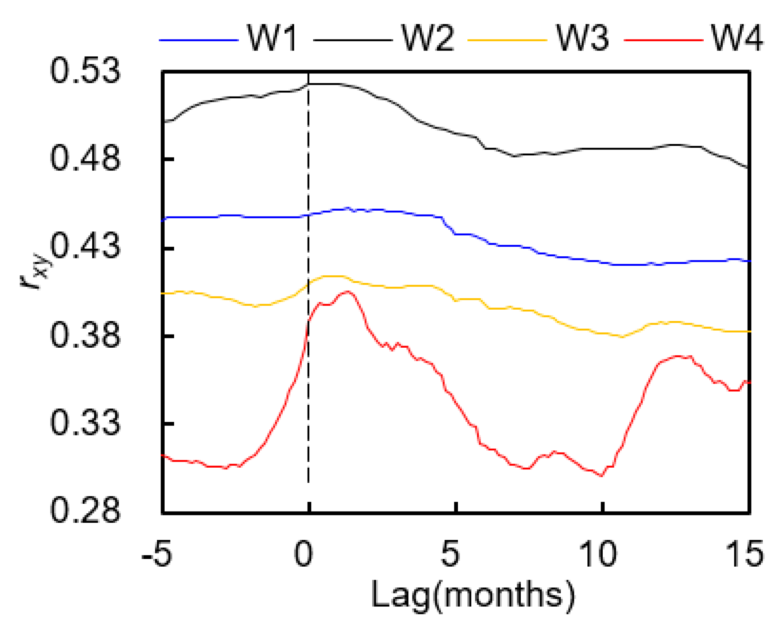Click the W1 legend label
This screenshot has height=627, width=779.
[x=272, y=38]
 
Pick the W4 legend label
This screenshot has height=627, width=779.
[x=737, y=38]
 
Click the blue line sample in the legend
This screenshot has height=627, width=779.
[x=199, y=40]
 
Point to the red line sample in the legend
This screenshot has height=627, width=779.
[x=663, y=40]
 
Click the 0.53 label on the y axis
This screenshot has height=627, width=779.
[x=85, y=70]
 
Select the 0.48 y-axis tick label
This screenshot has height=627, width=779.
[x=85, y=158]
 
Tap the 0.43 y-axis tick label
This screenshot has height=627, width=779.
[x=85, y=246]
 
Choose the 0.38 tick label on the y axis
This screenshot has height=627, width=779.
[x=85, y=335]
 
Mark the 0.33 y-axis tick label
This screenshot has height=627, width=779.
[x=85, y=423]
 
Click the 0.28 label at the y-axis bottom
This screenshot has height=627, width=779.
[x=85, y=511]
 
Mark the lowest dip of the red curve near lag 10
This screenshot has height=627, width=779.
[x=601, y=476]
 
